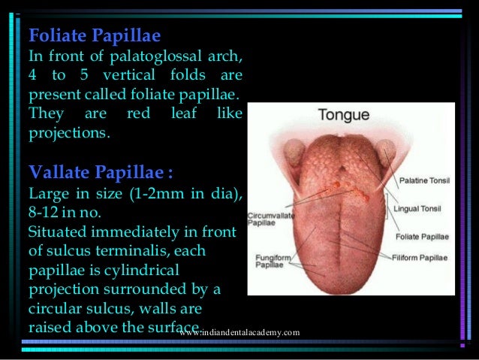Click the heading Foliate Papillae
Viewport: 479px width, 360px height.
pyautogui.click(x=94, y=35)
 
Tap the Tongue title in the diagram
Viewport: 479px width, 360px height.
pyautogui.click(x=344, y=116)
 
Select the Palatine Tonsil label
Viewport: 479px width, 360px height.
pyautogui.click(x=424, y=180)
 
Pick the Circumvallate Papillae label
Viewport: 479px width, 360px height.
pyautogui.click(x=267, y=218)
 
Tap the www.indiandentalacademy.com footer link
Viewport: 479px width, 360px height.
pyautogui.click(x=240, y=332)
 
